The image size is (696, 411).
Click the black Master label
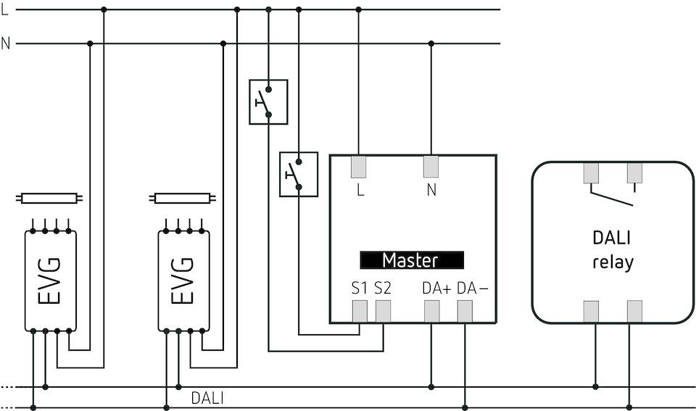click(412, 260)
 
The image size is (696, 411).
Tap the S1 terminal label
click(360, 288)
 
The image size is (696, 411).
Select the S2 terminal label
click(383, 288)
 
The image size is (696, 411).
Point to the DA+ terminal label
click(436, 288)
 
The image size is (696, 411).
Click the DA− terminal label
click(473, 288)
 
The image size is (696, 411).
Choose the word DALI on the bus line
click(207, 398)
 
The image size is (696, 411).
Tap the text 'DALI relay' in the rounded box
click(613, 250)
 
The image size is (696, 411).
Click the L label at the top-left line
click(6, 10)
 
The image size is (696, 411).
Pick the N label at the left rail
click(6, 44)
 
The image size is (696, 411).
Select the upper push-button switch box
click(268, 102)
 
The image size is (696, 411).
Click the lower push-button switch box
click(299, 174)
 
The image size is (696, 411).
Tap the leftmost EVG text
click(50, 281)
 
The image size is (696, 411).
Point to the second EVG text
click(183, 281)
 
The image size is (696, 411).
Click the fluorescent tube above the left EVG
click(49, 197)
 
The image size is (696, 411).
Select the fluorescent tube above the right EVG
click(183, 197)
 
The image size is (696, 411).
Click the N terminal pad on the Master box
click(431, 167)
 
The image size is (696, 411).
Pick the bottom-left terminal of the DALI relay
click(592, 310)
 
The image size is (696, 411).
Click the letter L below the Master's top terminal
click(360, 191)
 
